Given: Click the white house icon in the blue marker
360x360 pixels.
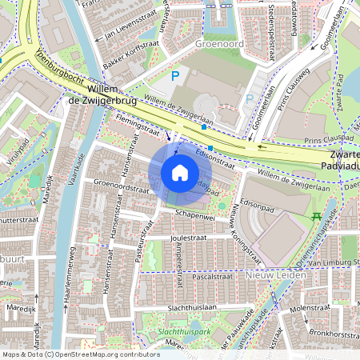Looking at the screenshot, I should coord(180,173).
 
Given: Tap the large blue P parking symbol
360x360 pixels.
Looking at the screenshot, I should coord(175,77).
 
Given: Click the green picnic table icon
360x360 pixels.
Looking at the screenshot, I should coord(317,216).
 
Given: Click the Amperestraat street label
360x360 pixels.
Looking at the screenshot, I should coord(179,264).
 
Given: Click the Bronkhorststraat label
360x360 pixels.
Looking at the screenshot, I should coord(331,330).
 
